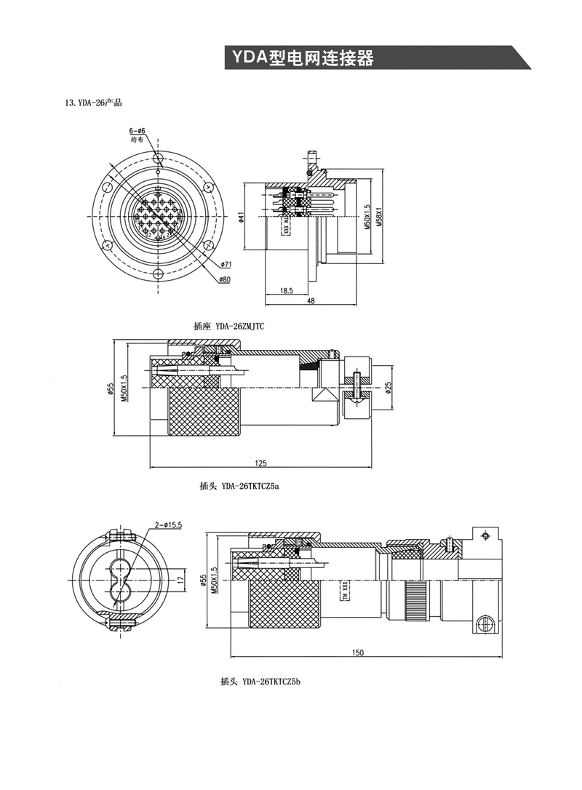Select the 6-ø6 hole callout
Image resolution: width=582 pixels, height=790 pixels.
tap(137, 131)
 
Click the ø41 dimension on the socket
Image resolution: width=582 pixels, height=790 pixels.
tap(241, 216)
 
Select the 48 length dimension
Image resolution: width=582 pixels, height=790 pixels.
tap(311, 301)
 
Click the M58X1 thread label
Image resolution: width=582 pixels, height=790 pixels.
tap(380, 216)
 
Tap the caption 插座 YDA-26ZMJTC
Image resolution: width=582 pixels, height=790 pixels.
tap(228, 327)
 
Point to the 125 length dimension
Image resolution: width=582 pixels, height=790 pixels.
tap(260, 463)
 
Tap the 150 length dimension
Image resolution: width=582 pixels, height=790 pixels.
tap(358, 653)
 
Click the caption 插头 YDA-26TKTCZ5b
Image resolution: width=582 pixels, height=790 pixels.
tap(260, 682)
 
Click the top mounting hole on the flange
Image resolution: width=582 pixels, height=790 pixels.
tap(158, 158)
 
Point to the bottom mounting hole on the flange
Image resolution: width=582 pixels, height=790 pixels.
tap(158, 274)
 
